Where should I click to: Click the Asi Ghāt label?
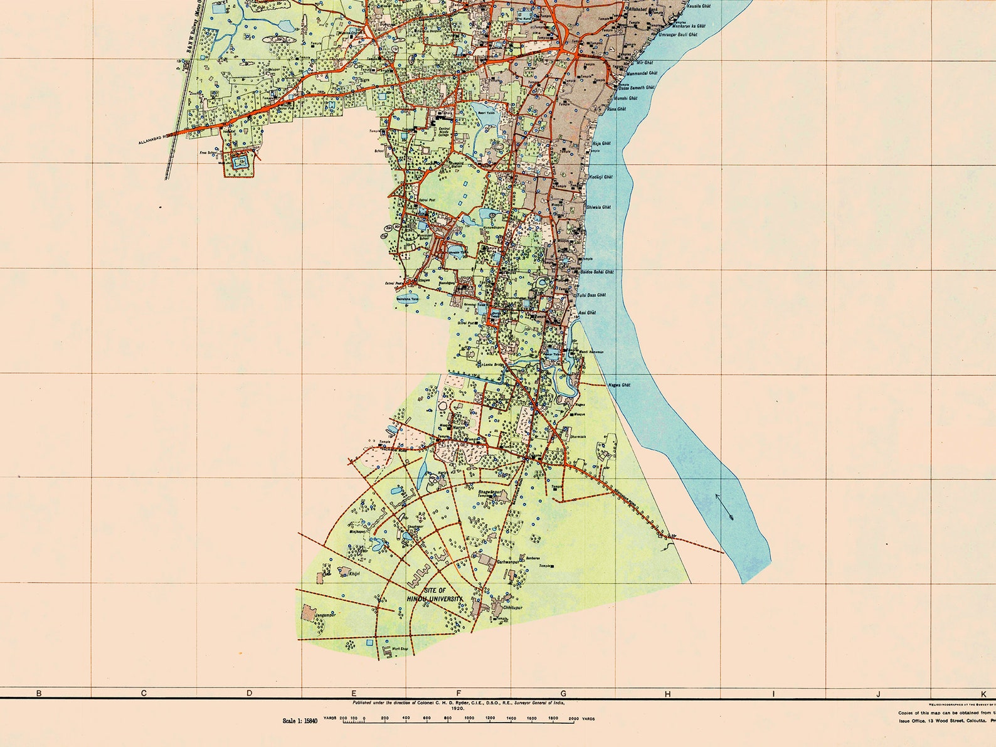[587, 312]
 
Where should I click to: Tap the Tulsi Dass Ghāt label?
[591, 295]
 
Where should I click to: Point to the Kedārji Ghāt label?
[601, 177]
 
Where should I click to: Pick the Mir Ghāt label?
[644, 63]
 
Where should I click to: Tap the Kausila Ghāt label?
[699, 6]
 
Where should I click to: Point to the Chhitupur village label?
[512, 608]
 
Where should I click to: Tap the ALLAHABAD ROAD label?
[155, 139]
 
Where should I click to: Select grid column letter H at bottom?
[668, 694]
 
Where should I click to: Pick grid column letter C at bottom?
[144, 694]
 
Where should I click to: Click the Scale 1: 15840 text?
[300, 721]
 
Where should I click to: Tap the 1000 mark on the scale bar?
[469, 718]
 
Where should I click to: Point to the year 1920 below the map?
[457, 708]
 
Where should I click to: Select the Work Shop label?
[400, 649]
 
